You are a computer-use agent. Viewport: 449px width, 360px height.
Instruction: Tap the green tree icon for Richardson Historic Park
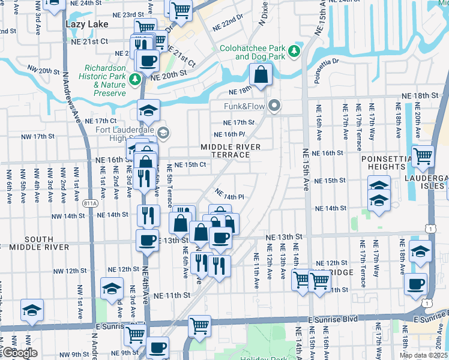pyautogui.click(x=136, y=79)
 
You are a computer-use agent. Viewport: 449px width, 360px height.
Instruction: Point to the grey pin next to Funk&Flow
pyautogui.click(x=275, y=106)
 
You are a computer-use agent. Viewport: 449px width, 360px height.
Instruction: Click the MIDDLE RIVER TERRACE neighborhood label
pyautogui.click(x=226, y=151)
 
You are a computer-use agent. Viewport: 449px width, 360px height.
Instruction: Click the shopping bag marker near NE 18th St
pyautogui.click(x=261, y=76)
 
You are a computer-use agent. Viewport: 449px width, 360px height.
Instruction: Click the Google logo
pyautogui.click(x=19, y=353)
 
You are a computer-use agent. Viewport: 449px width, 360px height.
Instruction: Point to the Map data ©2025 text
pyautogui.click(x=423, y=355)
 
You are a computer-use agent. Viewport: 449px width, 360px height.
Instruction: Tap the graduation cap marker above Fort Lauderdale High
pyautogui.click(x=148, y=110)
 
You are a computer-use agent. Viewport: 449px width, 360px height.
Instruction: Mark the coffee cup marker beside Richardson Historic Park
pyautogui.click(x=148, y=60)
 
